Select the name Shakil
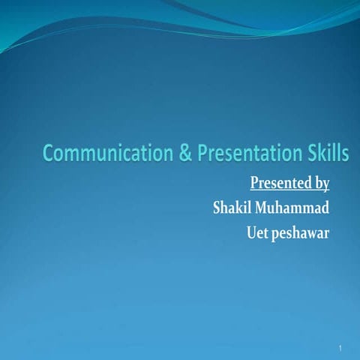point(233,208)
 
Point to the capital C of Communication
point(49,154)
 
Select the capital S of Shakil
point(217,208)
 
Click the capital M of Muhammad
point(265,208)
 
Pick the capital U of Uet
point(251,232)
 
